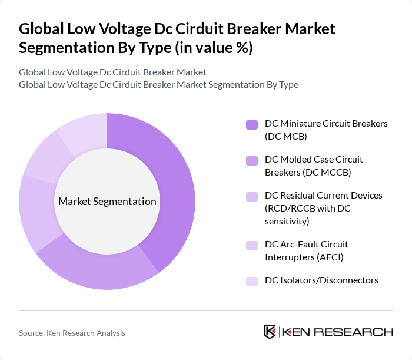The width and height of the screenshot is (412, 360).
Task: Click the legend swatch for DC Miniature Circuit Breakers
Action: coord(251,124)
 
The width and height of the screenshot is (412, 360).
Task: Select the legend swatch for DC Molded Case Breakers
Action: coord(251,160)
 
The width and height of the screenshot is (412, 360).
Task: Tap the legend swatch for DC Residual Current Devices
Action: coord(251,195)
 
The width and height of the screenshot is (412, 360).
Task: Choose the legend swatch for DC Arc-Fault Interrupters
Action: coord(251,244)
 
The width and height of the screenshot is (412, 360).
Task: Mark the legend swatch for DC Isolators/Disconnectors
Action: coord(251,280)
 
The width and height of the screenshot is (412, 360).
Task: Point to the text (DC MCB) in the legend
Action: coord(286,137)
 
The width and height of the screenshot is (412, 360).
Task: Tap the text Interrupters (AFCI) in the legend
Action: coord(304,257)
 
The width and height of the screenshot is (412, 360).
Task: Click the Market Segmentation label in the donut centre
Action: coord(107,202)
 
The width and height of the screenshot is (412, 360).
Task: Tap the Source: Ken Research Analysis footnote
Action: coord(72,333)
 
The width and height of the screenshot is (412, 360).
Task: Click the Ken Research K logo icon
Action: coord(270,332)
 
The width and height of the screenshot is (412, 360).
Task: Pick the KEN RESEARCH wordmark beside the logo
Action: coord(337,332)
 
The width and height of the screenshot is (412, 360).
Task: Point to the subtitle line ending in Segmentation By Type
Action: coord(158,85)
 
